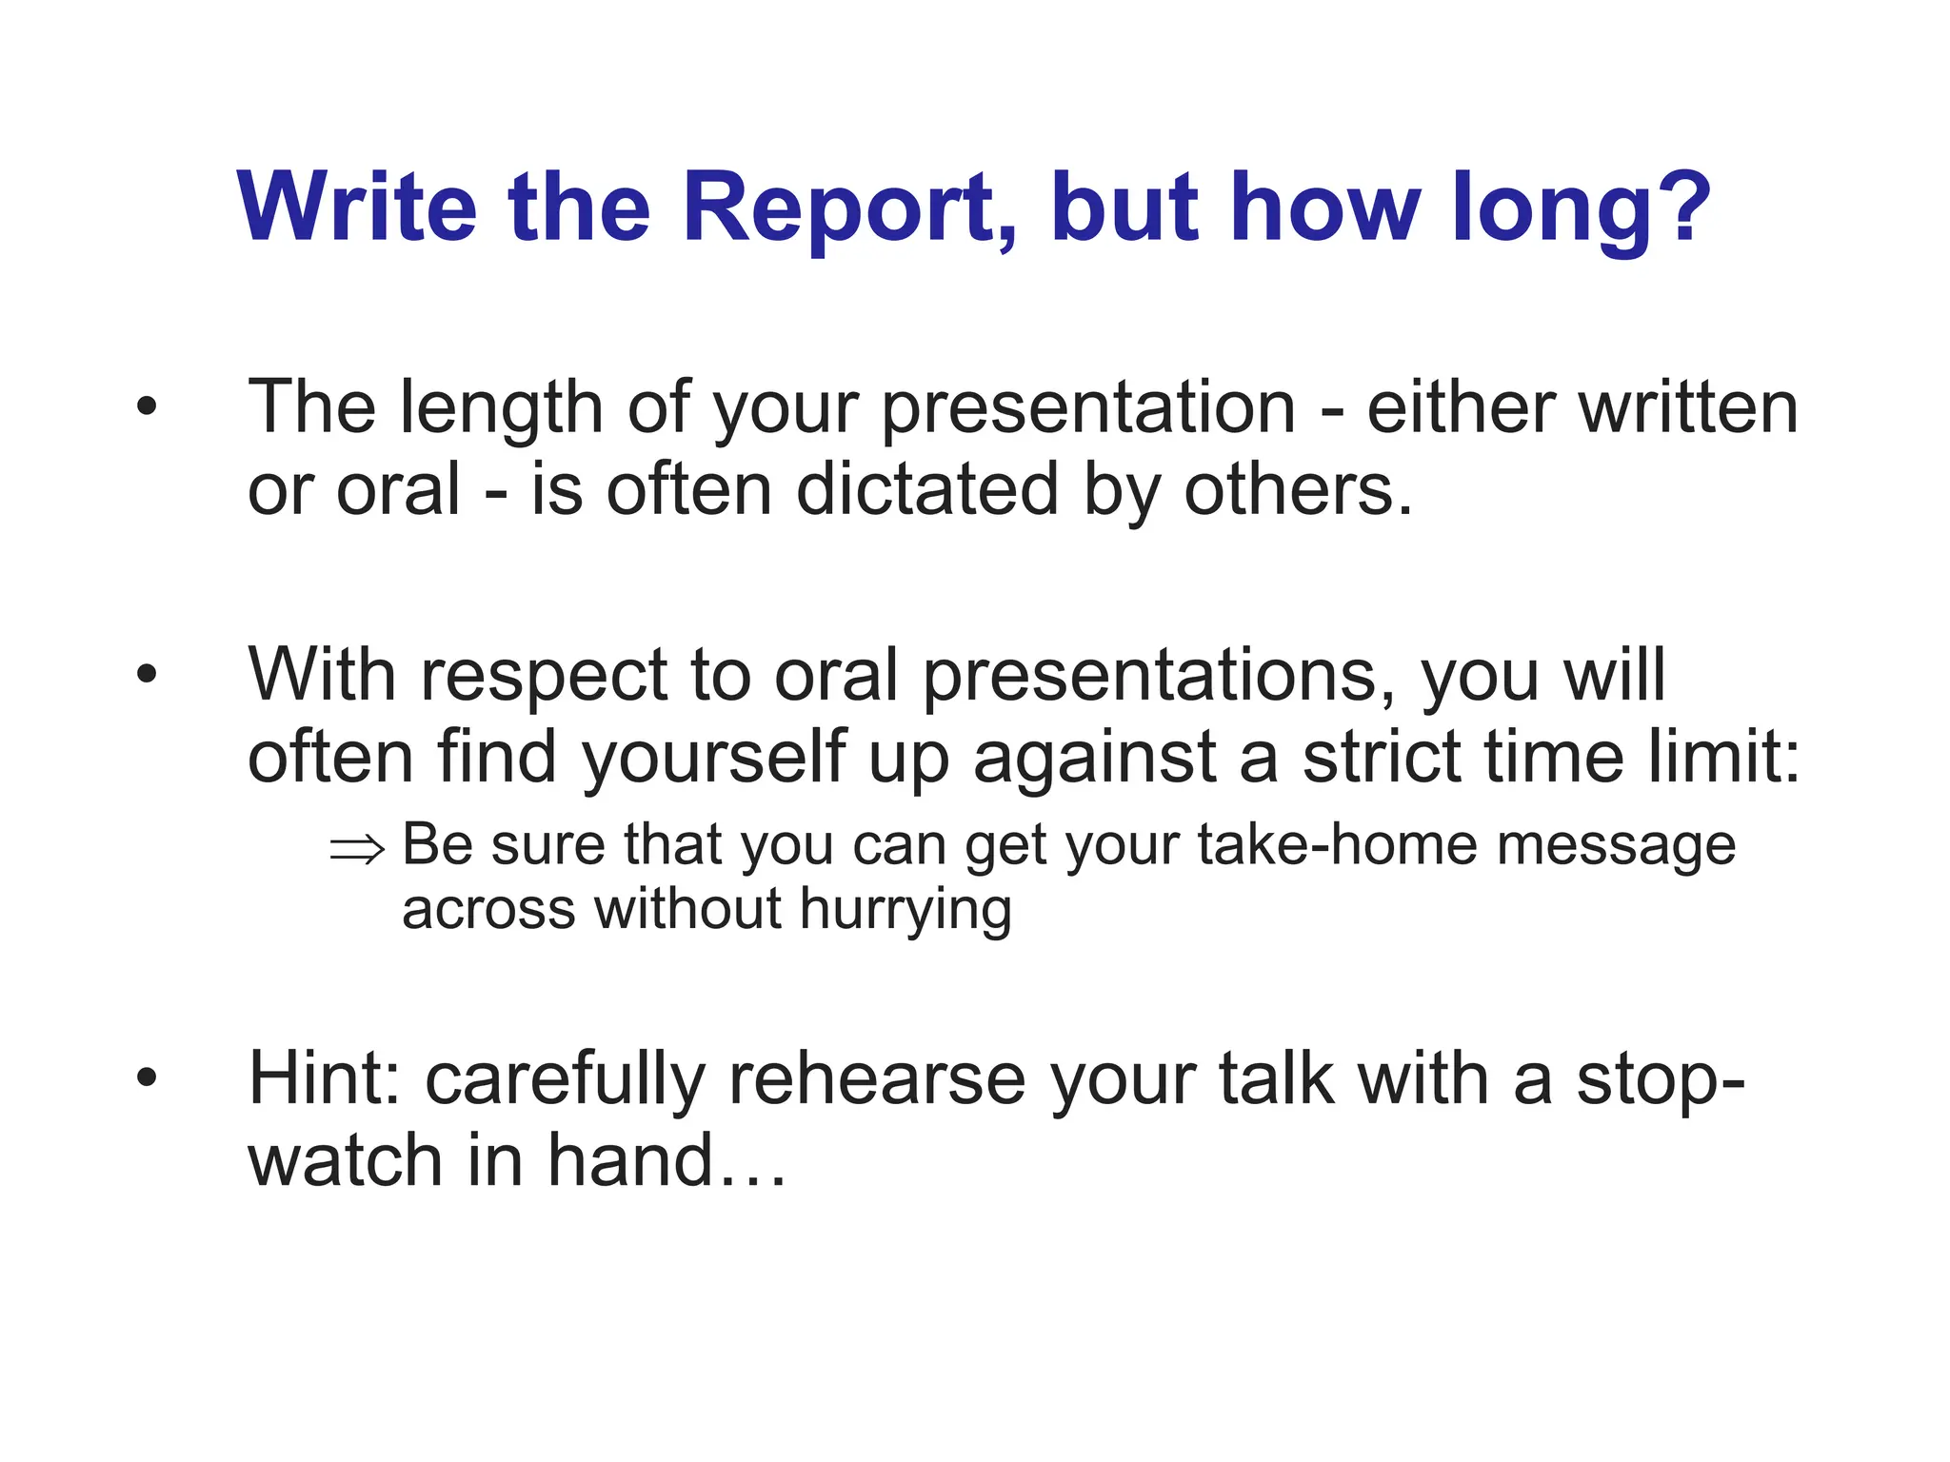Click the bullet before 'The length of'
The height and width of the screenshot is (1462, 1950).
point(146,408)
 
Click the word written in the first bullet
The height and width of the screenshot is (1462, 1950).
point(1687,407)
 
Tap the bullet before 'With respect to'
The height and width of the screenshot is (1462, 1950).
point(146,675)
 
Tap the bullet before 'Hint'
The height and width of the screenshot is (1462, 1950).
point(146,1078)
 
